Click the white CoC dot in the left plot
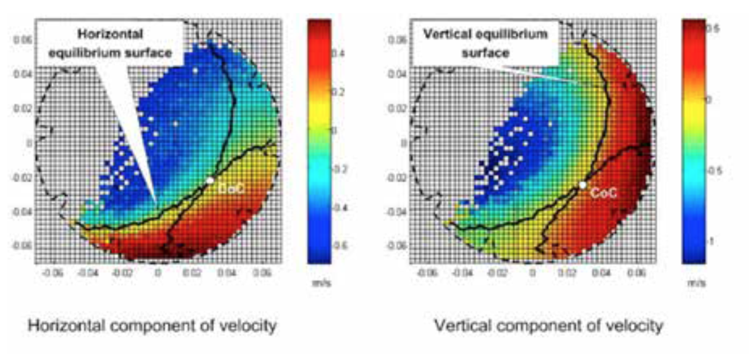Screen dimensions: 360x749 (x=210, y=180)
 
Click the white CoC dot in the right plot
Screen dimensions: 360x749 (x=582, y=185)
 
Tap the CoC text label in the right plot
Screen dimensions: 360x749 (x=603, y=194)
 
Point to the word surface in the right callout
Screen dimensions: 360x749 (x=485, y=53)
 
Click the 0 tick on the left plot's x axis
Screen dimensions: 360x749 (x=158, y=274)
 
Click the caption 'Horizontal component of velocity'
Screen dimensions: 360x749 (x=153, y=326)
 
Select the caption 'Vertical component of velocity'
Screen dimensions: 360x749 (x=549, y=326)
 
